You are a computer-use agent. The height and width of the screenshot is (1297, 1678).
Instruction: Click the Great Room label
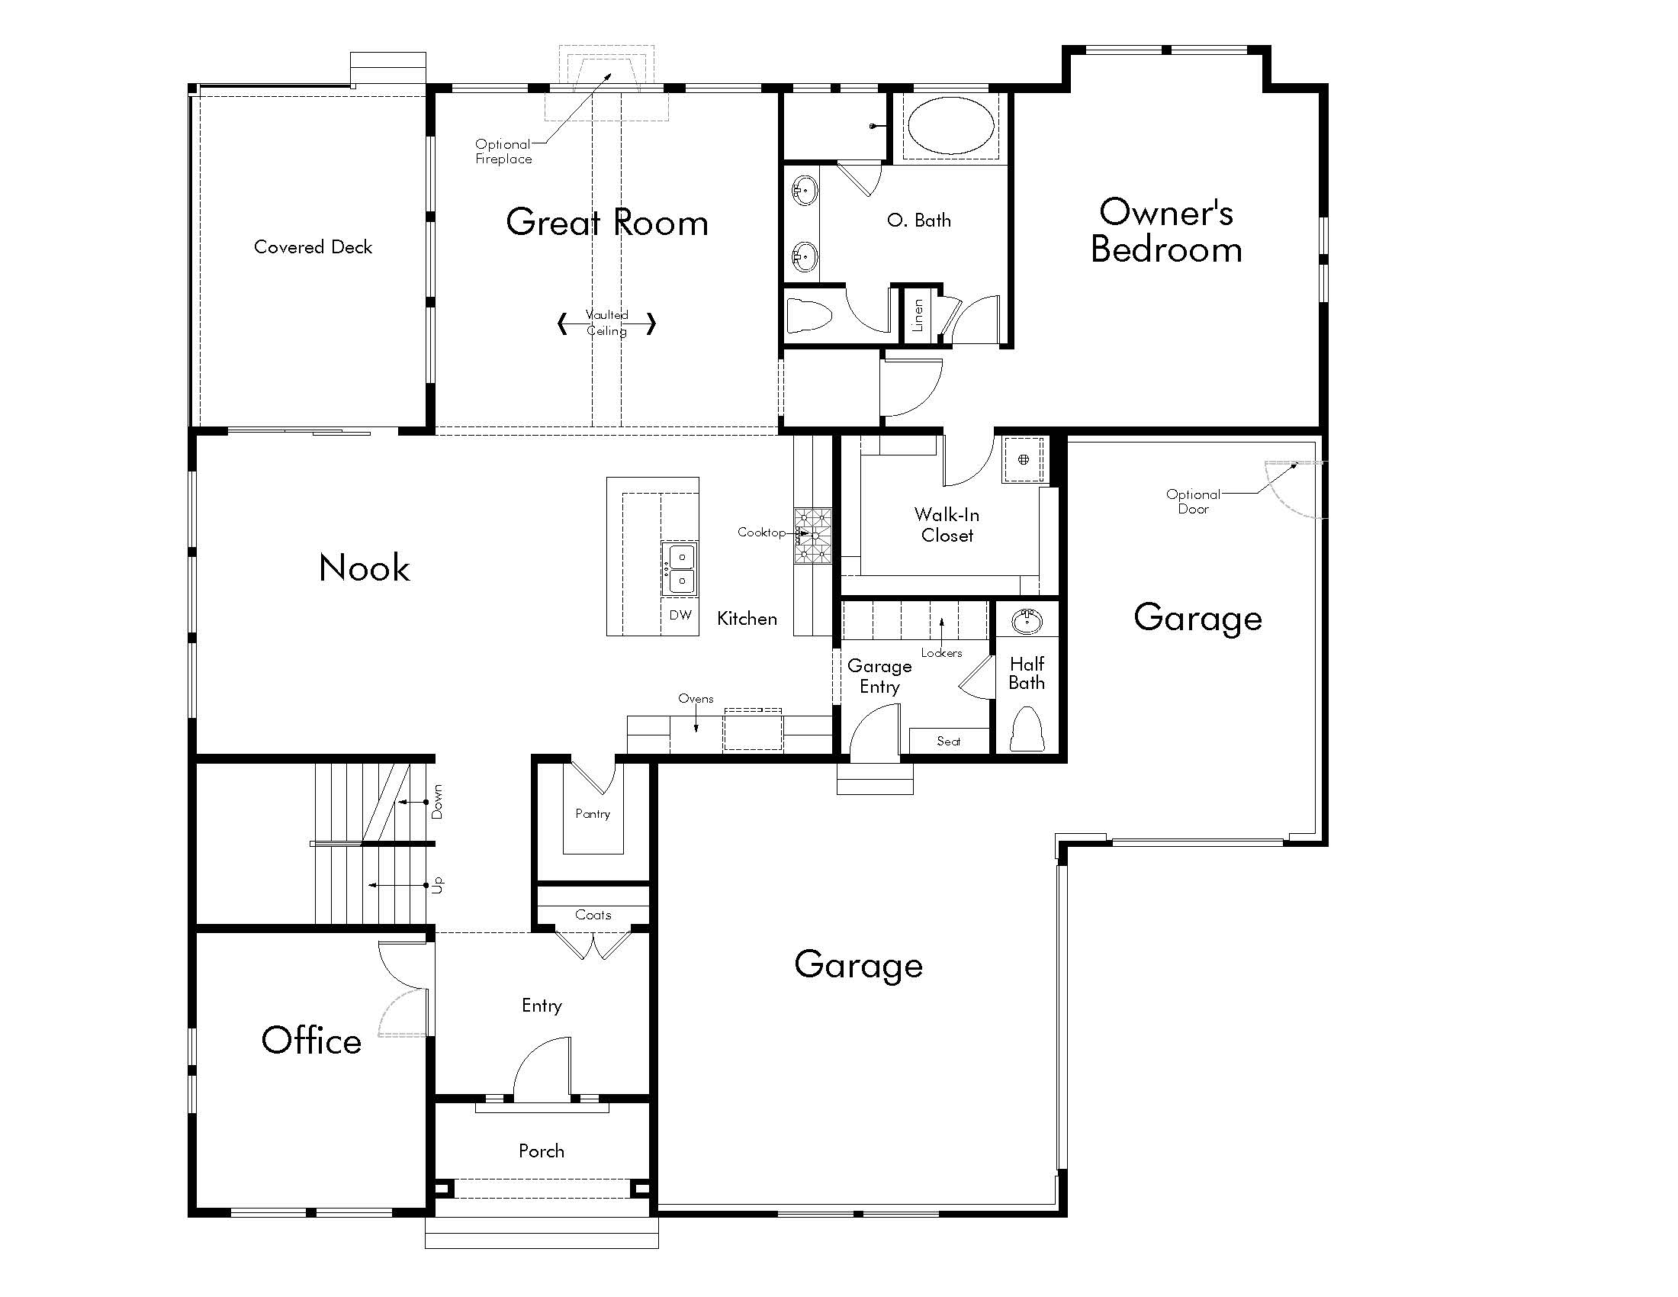point(606,223)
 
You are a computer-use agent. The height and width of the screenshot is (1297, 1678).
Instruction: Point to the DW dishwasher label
point(680,615)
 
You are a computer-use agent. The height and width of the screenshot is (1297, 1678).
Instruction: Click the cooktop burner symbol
point(813,536)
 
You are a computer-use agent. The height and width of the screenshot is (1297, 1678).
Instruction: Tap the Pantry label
point(593,814)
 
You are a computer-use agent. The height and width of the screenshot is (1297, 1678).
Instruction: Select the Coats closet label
point(593,915)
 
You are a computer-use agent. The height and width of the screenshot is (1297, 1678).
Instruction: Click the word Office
point(311,1041)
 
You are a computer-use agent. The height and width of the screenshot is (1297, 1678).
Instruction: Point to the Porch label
point(541,1151)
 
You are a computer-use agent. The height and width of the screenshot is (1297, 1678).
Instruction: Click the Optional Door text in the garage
point(1192,502)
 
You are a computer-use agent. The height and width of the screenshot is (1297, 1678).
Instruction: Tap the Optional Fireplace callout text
point(503,151)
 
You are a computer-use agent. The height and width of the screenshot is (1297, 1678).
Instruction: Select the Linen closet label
point(918,315)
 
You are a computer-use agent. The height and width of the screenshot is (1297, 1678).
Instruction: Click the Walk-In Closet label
point(947,525)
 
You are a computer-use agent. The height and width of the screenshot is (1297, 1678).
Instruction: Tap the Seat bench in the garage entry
point(948,742)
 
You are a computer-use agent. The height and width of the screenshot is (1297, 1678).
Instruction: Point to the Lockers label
point(941,653)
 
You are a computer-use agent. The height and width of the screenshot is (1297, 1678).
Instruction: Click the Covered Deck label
point(313,247)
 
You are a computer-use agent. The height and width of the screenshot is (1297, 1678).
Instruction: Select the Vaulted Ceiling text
point(607,323)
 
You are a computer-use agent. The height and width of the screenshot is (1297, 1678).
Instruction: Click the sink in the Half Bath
point(1027,621)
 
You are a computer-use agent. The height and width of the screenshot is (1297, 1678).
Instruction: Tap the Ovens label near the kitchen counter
point(696,698)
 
